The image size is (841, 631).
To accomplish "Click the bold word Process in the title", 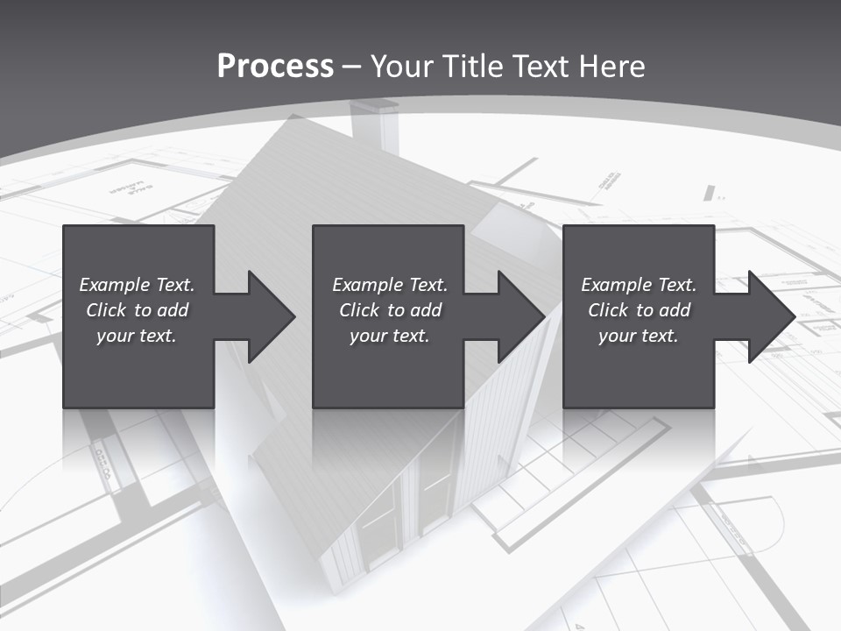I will tap(275, 67).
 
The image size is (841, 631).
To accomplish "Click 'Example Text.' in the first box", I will tap(137, 285).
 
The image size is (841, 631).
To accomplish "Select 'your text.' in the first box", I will tap(137, 336).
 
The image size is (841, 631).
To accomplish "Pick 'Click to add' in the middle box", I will tap(390, 310).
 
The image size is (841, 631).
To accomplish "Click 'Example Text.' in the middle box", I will tap(390, 285).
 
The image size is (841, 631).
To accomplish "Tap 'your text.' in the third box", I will tap(639, 336).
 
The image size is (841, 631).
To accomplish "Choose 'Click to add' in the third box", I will tap(639, 310).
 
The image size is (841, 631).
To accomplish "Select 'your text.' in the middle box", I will tap(390, 336).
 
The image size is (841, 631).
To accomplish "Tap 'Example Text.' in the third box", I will tap(639, 285).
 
